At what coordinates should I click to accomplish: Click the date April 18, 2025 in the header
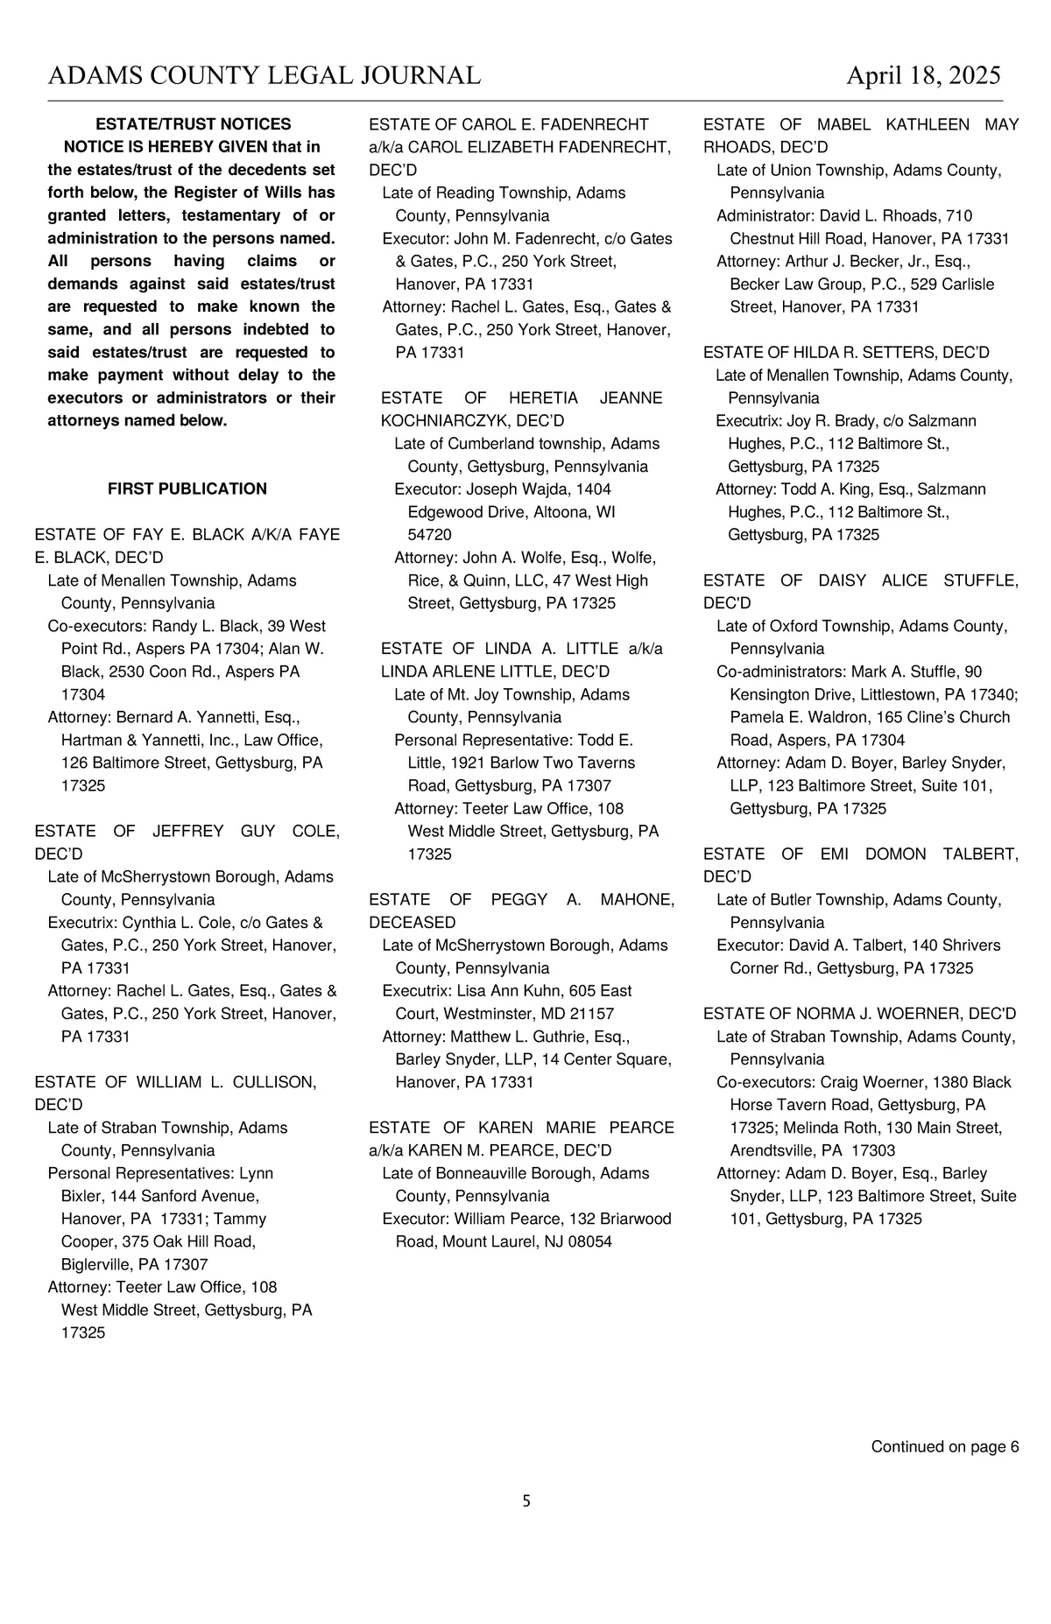[922, 76]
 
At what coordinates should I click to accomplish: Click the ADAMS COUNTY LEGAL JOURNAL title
[265, 76]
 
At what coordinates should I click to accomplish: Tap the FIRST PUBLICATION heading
[187, 489]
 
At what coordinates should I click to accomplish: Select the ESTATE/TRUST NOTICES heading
[193, 124]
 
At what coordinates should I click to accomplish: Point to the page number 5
[526, 1501]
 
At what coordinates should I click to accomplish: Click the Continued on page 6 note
[944, 1447]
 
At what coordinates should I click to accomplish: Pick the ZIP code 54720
[429, 535]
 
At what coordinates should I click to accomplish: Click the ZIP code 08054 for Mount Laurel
[591, 1242]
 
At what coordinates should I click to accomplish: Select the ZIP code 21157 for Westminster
[593, 1014]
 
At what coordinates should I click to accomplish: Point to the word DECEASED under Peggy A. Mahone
[413, 923]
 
